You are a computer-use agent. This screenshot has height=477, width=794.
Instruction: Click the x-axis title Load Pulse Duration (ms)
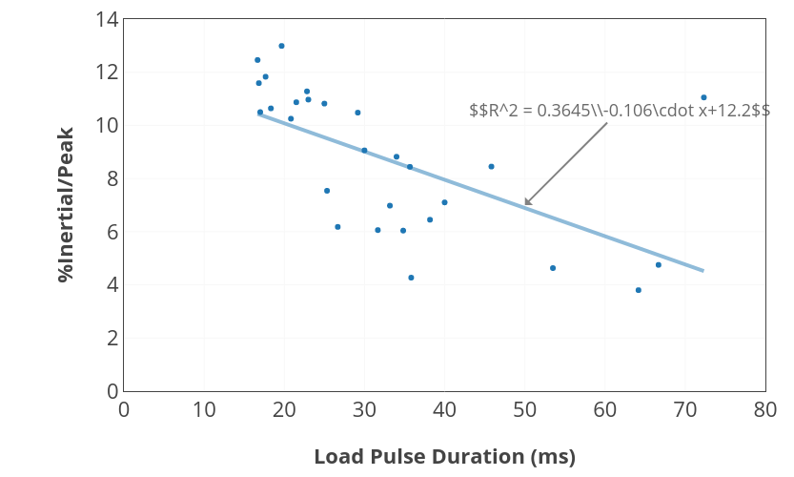pos(444,457)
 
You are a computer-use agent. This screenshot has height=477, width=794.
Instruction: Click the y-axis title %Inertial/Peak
pos(65,204)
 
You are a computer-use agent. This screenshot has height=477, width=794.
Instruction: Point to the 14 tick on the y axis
pos(107,19)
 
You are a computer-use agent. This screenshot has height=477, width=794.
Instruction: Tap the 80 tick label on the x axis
pos(764,409)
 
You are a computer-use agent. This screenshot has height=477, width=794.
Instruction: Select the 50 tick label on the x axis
pos(524,409)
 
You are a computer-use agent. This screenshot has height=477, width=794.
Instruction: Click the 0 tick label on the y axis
pos(112,391)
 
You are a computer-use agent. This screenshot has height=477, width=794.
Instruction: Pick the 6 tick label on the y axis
pos(112,232)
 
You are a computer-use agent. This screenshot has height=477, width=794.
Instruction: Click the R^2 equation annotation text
pos(620,111)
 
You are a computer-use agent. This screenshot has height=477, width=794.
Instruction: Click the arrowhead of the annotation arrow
pos(526,204)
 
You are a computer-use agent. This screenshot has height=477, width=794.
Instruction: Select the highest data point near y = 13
pos(281,46)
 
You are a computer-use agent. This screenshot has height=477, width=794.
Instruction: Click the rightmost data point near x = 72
pos(703,97)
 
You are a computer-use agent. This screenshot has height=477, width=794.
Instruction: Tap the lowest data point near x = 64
pos(638,290)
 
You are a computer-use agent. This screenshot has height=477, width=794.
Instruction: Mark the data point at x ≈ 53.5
pos(553,268)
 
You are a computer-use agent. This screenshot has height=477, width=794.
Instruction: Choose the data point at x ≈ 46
pos(491,166)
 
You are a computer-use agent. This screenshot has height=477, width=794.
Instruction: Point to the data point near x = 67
pos(658,264)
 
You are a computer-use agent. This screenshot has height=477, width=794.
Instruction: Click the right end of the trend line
pos(702,271)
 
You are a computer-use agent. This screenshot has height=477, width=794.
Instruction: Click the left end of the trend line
pos(259,114)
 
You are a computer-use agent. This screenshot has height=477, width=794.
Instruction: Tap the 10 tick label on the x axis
pos(204,409)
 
